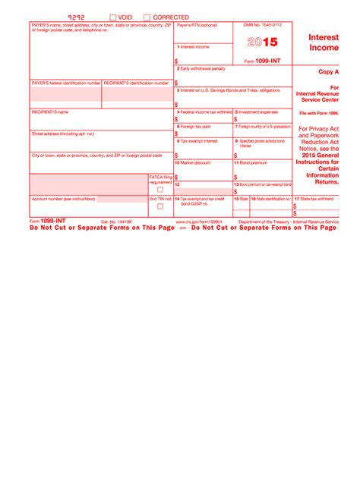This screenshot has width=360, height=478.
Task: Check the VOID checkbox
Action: [113, 17]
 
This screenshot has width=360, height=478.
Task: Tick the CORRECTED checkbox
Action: [147, 17]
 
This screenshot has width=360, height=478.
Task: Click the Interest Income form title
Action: [324, 42]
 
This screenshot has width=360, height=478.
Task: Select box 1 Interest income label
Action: [194, 47]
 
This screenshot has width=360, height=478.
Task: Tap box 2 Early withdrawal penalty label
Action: [201, 68]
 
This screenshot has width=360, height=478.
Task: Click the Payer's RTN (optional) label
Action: [196, 25]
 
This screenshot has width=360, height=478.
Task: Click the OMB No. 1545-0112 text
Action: [262, 25]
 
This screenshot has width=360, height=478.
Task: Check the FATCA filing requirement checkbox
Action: [159, 190]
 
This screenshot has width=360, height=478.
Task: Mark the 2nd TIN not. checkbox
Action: [159, 206]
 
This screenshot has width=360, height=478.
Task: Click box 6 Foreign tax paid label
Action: [194, 126]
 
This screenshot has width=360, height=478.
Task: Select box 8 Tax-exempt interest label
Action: [197, 140]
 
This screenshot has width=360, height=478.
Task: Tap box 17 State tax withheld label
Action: [315, 199]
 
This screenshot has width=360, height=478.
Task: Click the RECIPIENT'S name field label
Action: [50, 112]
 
